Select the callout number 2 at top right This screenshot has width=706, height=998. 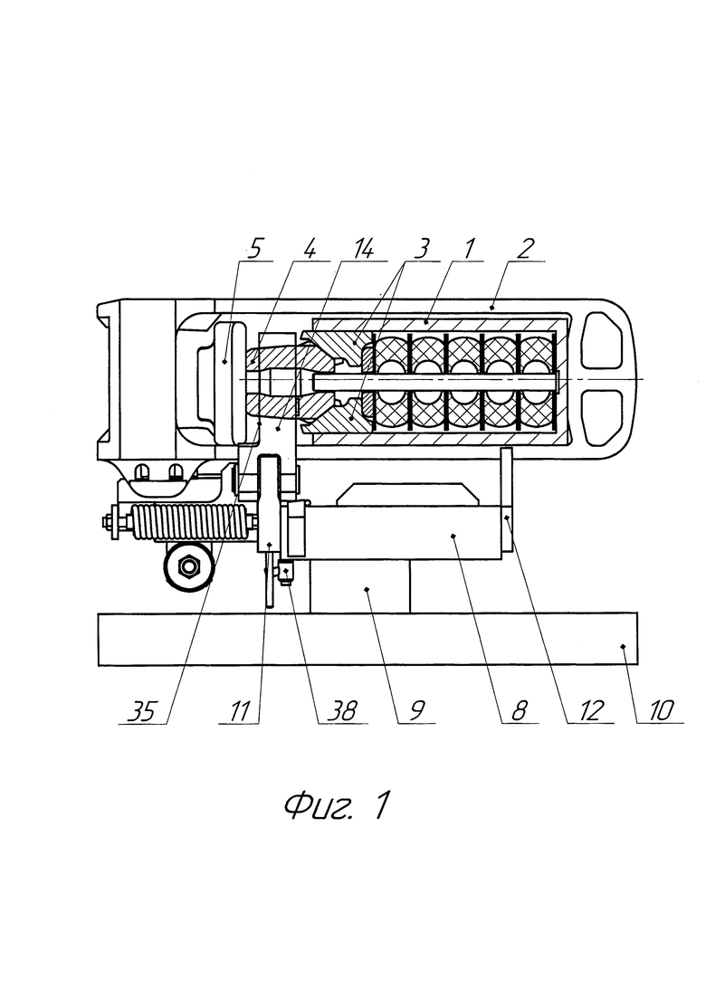[x=525, y=249]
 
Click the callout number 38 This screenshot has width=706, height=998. [x=343, y=711]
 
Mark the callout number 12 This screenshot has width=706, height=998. [x=591, y=711]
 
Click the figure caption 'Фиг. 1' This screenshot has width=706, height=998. [x=336, y=806]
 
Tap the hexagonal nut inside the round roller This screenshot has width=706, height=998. [x=187, y=565]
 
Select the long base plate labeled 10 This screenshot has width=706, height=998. [x=368, y=639]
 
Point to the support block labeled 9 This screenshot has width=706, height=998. [x=360, y=586]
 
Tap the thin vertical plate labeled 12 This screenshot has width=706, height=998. [x=508, y=499]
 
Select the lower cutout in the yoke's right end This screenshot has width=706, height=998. [x=602, y=416]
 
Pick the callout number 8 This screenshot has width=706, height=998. [x=519, y=711]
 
